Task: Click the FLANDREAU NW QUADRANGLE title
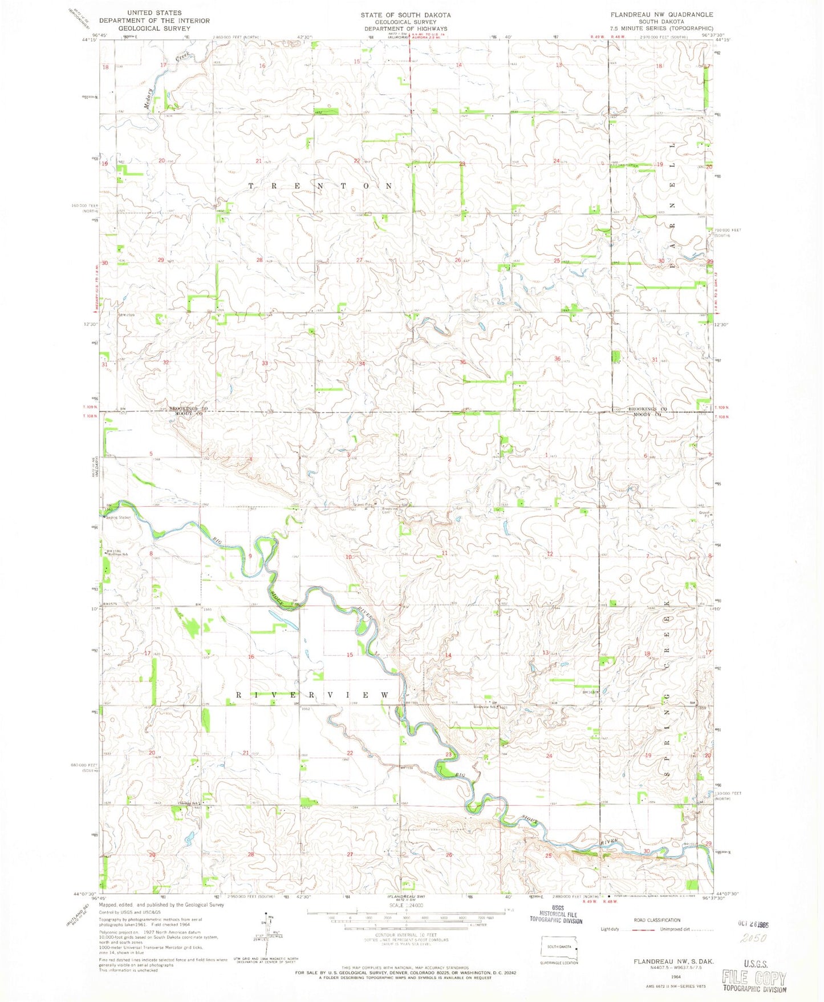(x=661, y=14)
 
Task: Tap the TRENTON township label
(x=321, y=186)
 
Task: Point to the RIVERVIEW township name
(x=312, y=695)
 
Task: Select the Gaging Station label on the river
(x=118, y=518)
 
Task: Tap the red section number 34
(x=362, y=363)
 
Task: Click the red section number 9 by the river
(x=250, y=556)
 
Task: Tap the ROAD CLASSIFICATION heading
(x=657, y=920)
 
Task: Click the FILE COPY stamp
(x=753, y=977)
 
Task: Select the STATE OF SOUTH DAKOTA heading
(x=405, y=15)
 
